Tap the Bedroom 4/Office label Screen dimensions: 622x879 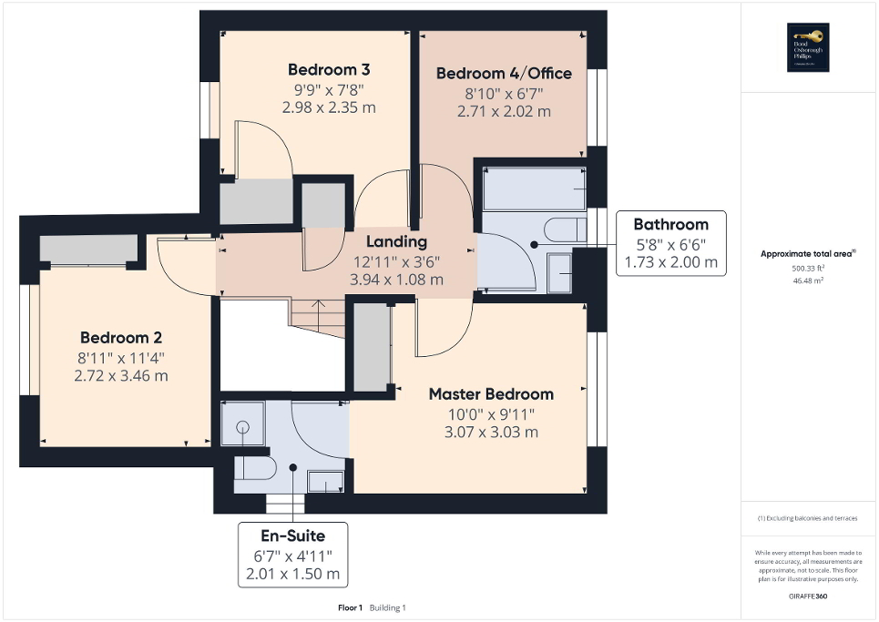tap(504, 73)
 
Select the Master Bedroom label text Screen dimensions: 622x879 tap(491, 394)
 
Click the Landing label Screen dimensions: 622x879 tap(396, 241)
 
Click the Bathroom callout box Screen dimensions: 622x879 tap(670, 243)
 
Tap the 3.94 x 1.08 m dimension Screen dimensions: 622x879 tap(396, 280)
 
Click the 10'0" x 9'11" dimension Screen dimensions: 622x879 tap(491, 413)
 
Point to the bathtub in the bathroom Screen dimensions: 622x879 tap(532, 189)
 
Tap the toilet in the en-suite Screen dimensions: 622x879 tap(256, 467)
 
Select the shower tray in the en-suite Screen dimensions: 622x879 tap(243, 426)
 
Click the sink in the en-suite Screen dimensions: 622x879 tap(325, 481)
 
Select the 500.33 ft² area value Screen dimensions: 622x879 tap(809, 269)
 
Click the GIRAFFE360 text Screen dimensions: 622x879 tap(809, 596)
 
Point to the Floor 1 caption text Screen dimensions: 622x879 tap(350, 607)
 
